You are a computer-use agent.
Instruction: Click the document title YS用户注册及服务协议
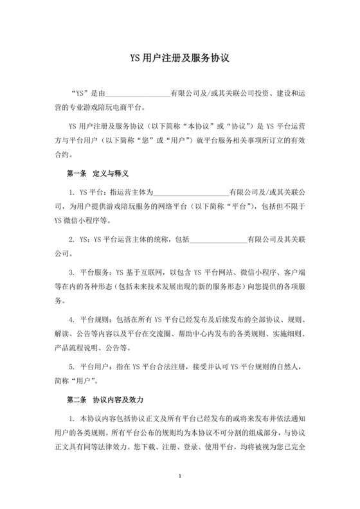pyautogui.click(x=179, y=57)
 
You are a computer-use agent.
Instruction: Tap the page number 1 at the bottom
pyautogui.click(x=181, y=476)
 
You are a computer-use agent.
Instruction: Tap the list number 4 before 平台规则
pyautogui.click(x=72, y=319)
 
